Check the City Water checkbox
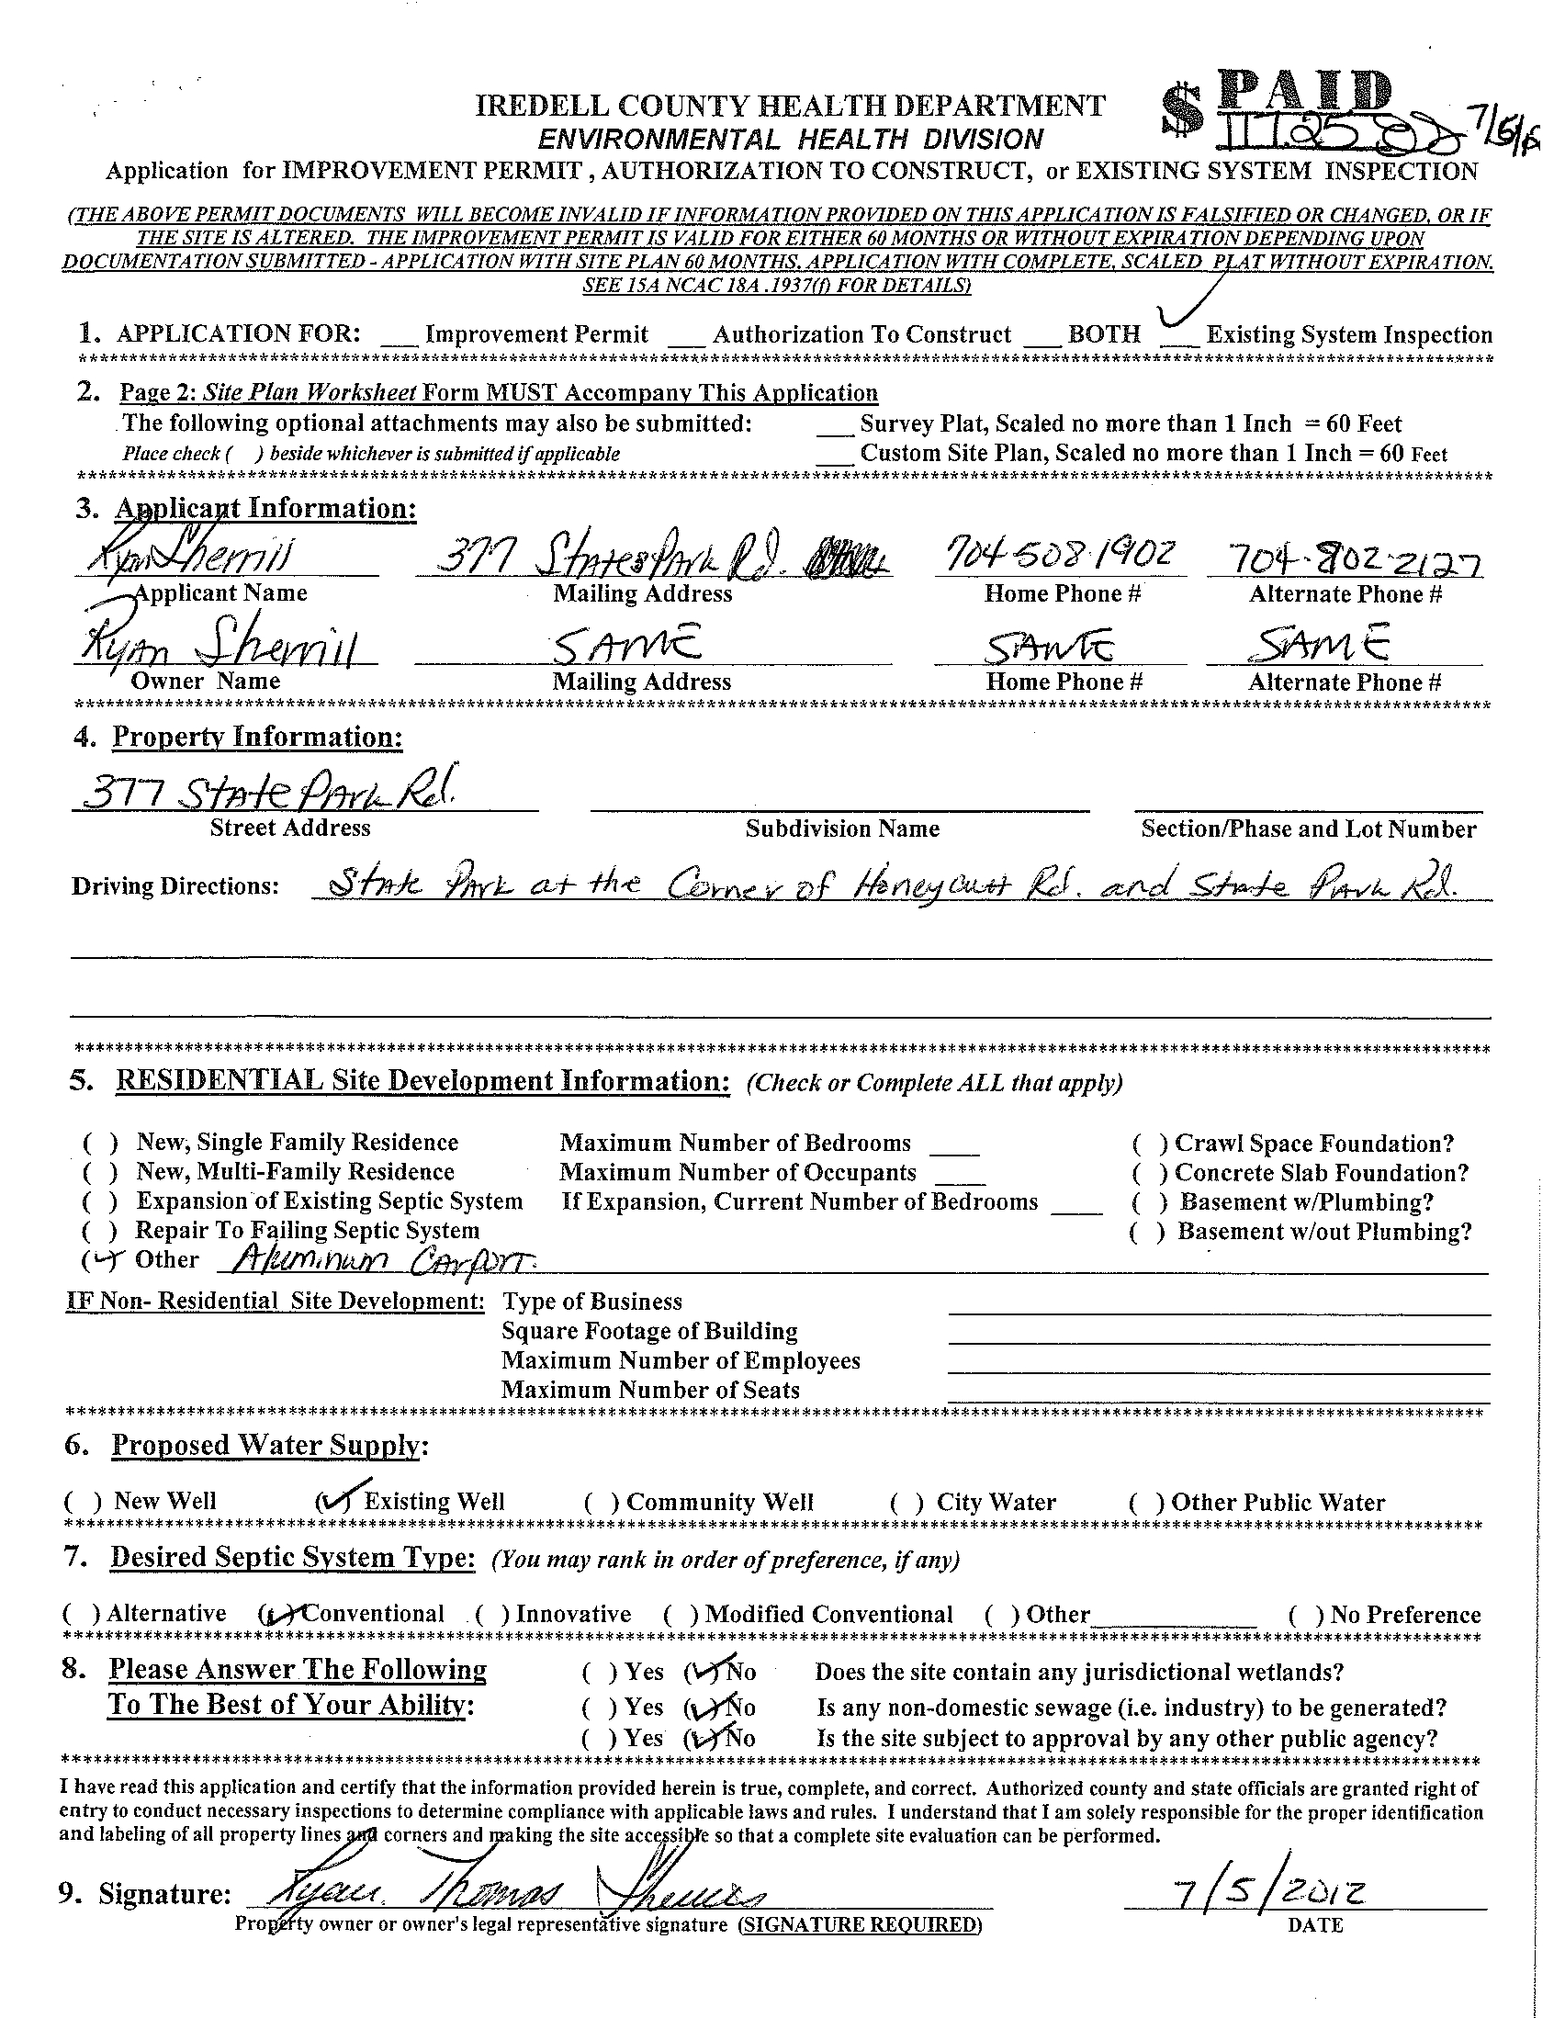(x=906, y=1503)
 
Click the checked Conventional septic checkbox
(x=276, y=1614)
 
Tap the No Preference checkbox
(x=1303, y=1615)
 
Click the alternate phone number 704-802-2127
(x=1345, y=560)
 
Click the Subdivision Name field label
(x=841, y=829)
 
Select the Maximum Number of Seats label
(x=649, y=1390)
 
